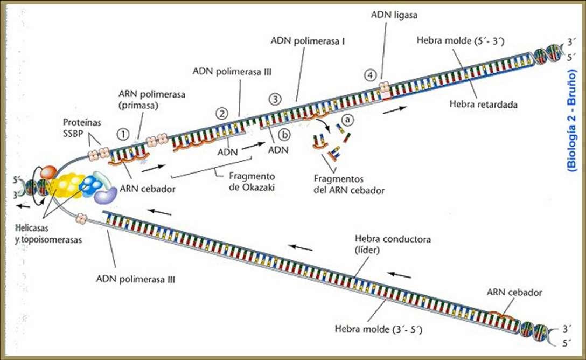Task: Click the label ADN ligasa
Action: point(394,15)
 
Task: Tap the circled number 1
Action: point(123,134)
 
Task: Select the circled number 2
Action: point(222,113)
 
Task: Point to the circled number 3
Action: point(275,100)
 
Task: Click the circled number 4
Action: point(370,75)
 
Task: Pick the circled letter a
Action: point(347,120)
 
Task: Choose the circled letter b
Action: point(284,135)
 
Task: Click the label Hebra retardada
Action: point(483,104)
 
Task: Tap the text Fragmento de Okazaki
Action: point(252,181)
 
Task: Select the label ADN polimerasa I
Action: point(308,41)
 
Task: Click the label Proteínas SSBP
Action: point(82,128)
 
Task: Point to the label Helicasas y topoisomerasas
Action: point(48,234)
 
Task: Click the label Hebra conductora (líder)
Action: point(393,244)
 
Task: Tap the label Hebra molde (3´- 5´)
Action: point(379,329)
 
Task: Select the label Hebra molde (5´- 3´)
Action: point(461,40)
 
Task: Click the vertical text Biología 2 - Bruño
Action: point(572,120)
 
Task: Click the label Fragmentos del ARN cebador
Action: point(349,185)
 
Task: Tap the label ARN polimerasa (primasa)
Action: point(152,100)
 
